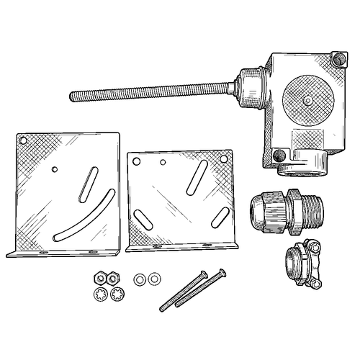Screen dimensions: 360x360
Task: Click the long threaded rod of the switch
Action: [x=144, y=92]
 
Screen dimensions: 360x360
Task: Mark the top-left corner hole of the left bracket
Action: [x=24, y=140]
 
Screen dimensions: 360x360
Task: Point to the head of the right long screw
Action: [x=220, y=272]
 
